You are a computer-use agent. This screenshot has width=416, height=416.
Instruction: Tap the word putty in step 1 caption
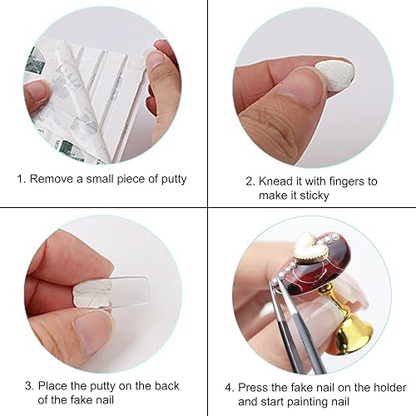pyautogui.click(x=169, y=179)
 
